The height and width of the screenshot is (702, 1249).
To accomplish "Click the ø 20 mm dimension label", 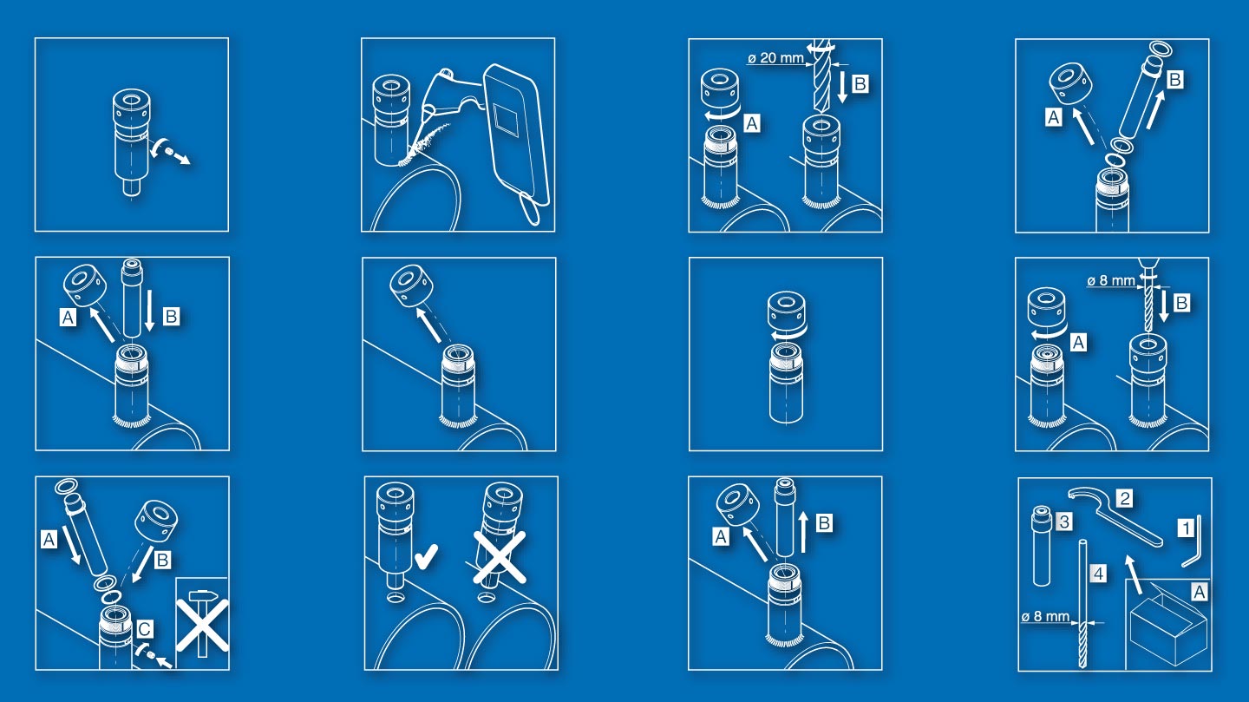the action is click(x=775, y=57).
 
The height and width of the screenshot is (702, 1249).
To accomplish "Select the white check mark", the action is click(x=427, y=556).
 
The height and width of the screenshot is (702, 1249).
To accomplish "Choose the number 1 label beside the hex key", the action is click(x=1186, y=528).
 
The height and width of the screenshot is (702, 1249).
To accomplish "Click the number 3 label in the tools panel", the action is click(x=1064, y=522).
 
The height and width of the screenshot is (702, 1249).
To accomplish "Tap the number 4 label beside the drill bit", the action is click(x=1098, y=573).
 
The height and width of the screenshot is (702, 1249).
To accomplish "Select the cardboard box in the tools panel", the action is click(x=1167, y=627).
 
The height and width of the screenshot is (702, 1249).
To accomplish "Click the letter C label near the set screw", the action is click(x=144, y=629).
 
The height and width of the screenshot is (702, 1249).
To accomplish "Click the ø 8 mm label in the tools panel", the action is click(x=1045, y=617).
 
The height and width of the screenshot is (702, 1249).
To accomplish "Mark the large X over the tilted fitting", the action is click(x=500, y=557).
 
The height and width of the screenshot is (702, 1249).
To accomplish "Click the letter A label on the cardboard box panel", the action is click(x=1199, y=592).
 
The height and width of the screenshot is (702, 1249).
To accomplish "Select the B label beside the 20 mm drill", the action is click(x=860, y=83).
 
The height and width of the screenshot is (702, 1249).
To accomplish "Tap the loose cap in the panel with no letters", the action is click(x=412, y=285).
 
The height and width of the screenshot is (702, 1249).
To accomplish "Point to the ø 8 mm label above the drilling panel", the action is click(x=1111, y=280).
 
